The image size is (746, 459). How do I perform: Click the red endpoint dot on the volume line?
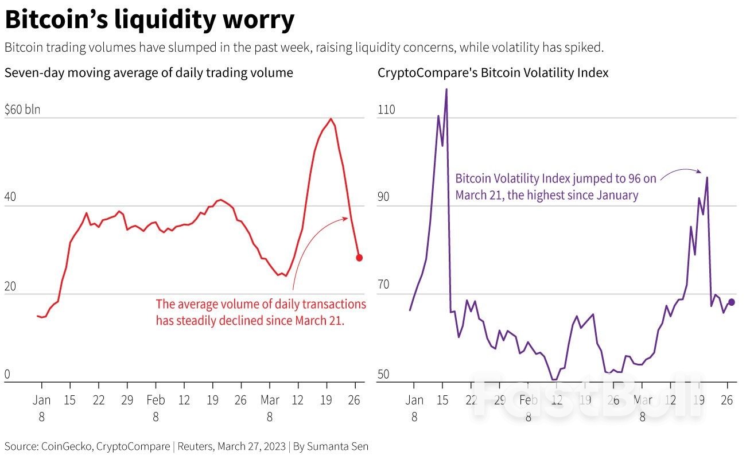point(359,258)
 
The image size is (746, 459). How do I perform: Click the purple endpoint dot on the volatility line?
point(731,302)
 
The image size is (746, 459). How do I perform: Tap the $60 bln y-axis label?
point(22,110)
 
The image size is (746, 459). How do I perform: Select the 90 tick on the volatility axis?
point(386,197)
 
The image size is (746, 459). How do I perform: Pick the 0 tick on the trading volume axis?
point(8,375)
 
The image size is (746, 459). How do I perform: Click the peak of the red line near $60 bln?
point(331,119)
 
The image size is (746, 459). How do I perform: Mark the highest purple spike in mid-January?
point(446,90)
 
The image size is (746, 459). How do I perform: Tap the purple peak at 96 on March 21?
point(706,177)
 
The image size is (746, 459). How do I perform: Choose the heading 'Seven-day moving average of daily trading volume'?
point(149,73)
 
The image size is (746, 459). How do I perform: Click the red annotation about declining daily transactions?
point(261,312)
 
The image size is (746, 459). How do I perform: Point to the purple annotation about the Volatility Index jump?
point(555,187)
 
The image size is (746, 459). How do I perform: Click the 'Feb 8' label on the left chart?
point(156,408)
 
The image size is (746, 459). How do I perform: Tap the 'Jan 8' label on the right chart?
point(414,408)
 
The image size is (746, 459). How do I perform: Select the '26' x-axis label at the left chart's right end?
point(355,400)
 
